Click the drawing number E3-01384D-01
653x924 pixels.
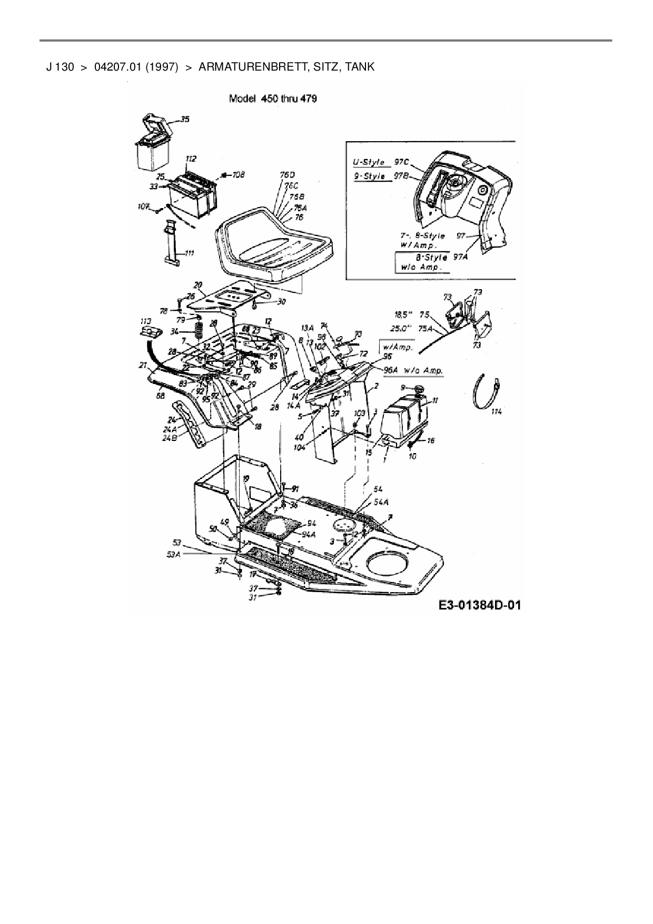479,605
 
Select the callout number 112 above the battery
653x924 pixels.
191,158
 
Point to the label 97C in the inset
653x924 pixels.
402,162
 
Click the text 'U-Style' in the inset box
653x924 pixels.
368,162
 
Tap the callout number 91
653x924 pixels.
295,489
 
